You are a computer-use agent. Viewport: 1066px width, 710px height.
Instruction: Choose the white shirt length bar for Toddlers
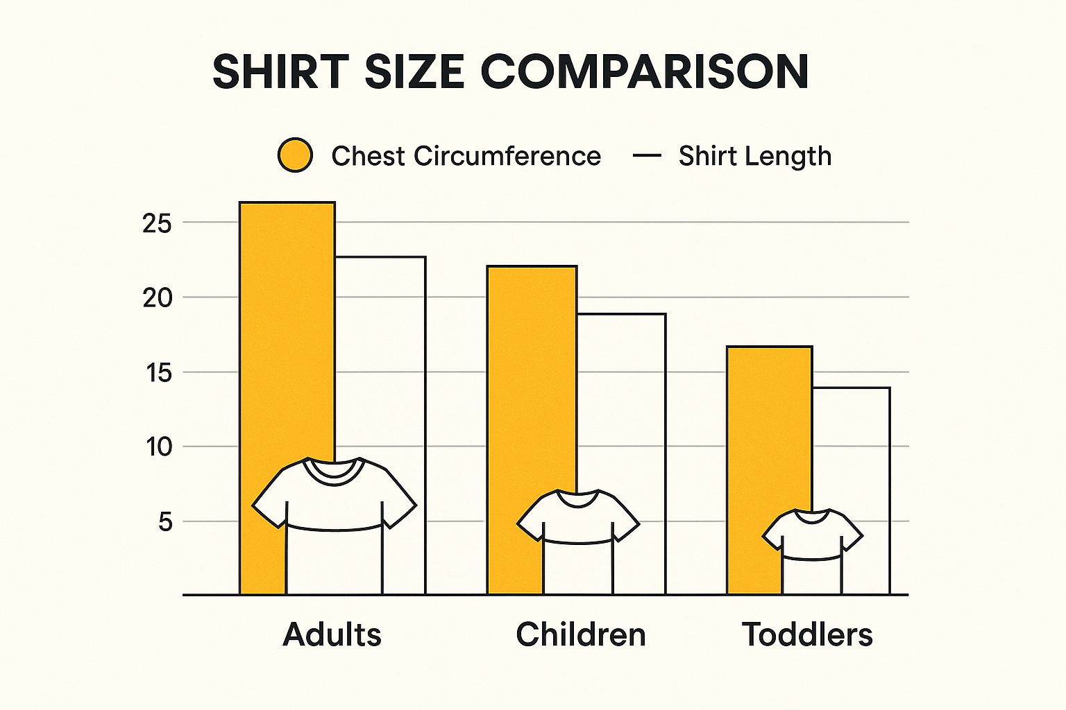pos(851,451)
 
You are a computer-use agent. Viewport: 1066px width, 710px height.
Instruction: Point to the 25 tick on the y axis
pos(157,223)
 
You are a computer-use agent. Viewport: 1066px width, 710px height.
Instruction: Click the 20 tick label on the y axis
pos(157,298)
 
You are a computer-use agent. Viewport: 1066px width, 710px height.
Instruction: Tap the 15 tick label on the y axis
pos(158,373)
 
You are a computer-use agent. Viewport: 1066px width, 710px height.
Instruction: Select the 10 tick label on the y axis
pos(158,447)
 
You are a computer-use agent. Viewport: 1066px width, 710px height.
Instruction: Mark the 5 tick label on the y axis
pos(164,521)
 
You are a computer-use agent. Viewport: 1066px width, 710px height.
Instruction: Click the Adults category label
pos(332,634)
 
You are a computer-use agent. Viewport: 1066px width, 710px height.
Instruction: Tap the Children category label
pos(581,634)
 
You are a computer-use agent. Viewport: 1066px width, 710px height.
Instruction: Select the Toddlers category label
pos(807,634)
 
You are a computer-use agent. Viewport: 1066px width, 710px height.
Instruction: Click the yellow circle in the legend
pos(295,155)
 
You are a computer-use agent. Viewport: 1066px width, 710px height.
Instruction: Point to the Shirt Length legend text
pos(754,156)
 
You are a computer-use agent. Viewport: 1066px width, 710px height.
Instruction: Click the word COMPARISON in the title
pos(645,71)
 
